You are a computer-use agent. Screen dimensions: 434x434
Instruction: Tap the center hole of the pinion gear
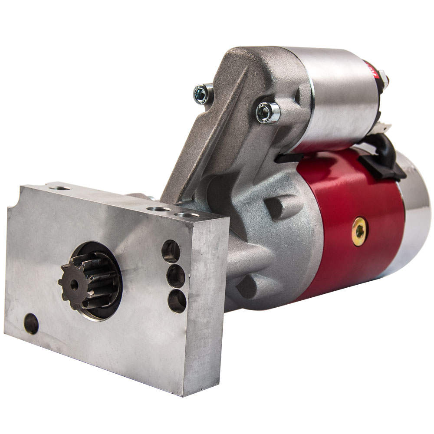pyautogui.click(x=74, y=285)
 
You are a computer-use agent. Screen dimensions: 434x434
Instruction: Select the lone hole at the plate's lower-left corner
pyautogui.click(x=31, y=324)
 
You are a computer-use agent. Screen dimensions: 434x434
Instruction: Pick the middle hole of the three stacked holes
pyautogui.click(x=175, y=276)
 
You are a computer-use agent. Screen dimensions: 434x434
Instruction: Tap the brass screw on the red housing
pyautogui.click(x=360, y=231)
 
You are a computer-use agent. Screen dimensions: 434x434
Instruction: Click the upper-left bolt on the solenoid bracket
pyautogui.click(x=203, y=93)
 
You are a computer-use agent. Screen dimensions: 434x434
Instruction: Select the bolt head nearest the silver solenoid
pyautogui.click(x=267, y=112)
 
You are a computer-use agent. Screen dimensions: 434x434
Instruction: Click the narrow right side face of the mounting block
pyautogui.click(x=206, y=304)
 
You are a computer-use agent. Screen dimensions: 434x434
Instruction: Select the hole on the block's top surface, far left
pyautogui.click(x=60, y=188)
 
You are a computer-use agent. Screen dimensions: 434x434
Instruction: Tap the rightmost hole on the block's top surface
pyautogui.click(x=187, y=214)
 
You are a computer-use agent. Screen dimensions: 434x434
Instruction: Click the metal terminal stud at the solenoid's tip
pyautogui.click(x=384, y=80)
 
